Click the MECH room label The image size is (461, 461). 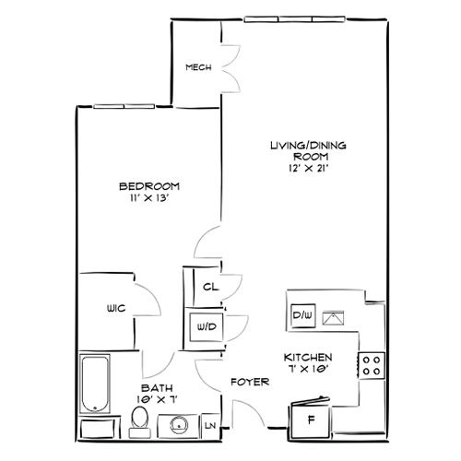pos(198,67)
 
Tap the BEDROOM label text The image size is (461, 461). pos(149,186)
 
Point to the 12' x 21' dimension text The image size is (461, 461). pos(309,169)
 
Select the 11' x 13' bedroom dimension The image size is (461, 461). pos(149,198)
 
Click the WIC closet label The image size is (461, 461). pos(116,308)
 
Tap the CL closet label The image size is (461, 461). pos(210,287)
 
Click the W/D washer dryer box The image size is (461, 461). pos(207,327)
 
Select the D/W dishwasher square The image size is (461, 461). pos(303,315)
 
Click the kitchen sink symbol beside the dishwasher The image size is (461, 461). pos(333,318)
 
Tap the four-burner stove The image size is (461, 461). pos(372,365)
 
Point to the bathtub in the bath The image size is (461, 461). pos(95,384)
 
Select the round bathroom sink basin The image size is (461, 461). pos(178,426)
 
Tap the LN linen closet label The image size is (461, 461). pos(210,426)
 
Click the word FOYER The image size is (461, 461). pos(250,382)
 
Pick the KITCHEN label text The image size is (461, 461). pos(308,358)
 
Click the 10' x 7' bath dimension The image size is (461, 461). pos(158,399)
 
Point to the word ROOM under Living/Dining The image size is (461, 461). pos(311,157)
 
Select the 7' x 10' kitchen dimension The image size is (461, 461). pos(308,369)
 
